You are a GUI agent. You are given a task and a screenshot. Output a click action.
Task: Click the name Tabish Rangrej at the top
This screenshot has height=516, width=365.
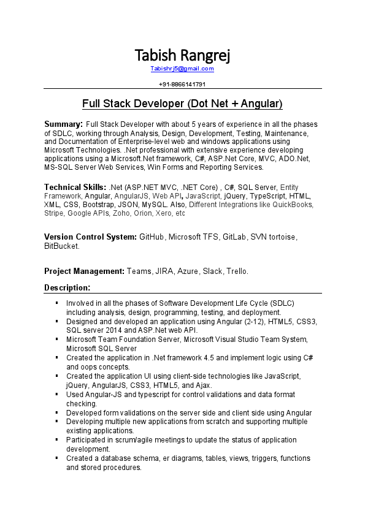tap(182, 56)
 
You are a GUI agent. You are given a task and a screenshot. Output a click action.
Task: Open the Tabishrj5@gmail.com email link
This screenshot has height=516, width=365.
tap(182, 69)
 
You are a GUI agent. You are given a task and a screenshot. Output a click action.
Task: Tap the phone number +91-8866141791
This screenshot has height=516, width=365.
tap(182, 84)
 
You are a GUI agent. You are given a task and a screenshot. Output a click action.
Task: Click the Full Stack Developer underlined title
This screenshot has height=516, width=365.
tap(182, 103)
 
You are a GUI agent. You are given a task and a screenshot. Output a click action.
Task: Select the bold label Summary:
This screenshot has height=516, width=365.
tap(63, 124)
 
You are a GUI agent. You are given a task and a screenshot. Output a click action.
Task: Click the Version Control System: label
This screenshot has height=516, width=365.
tap(90, 237)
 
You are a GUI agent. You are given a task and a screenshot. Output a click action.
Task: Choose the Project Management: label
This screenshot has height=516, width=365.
tap(84, 271)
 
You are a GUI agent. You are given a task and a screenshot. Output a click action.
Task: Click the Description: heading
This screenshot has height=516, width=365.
tap(67, 287)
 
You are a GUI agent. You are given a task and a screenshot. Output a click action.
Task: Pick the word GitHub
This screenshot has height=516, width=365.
tap(152, 237)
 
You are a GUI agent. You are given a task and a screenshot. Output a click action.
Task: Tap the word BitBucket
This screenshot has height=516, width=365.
tap(61, 246)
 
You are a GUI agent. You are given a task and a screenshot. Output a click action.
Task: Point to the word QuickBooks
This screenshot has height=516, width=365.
tap(293, 205)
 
